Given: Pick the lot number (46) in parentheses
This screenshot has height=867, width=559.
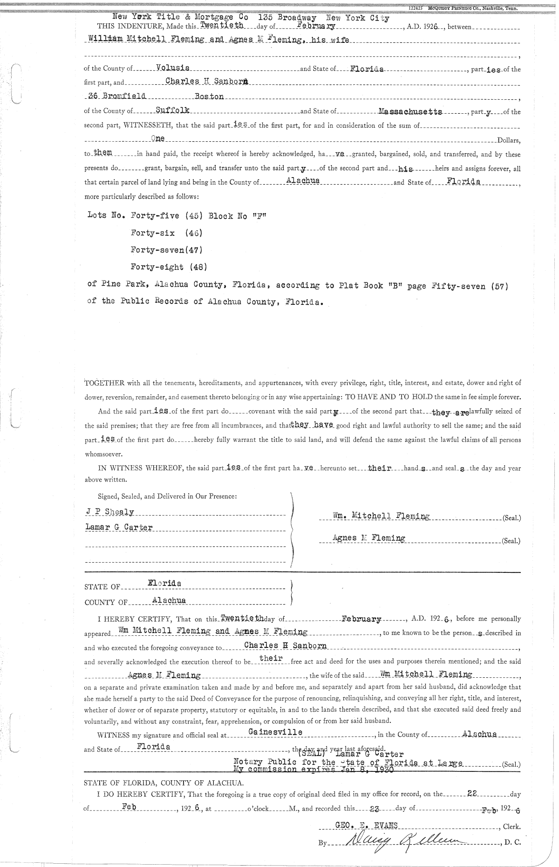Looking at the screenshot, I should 193,232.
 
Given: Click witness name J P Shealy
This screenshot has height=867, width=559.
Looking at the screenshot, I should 110,512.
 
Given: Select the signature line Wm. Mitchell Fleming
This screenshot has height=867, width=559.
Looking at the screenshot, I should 381,516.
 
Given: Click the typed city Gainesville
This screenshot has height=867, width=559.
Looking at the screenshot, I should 275,732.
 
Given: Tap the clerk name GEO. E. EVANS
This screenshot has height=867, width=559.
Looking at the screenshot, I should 366,825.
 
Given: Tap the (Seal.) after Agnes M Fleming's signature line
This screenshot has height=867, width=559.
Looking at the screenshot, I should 511,541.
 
